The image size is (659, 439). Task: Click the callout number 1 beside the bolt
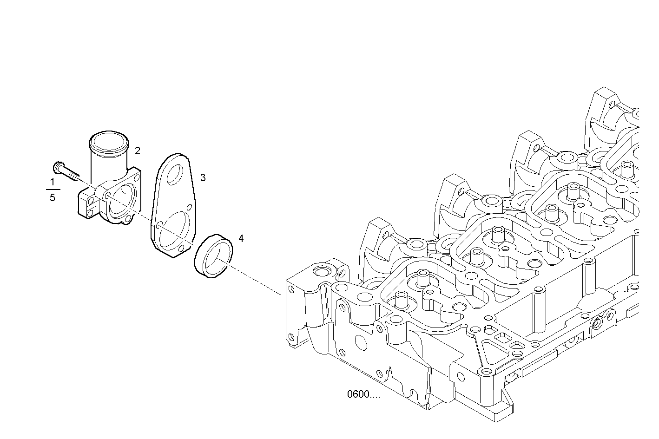[52, 182]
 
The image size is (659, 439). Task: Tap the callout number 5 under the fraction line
[52, 198]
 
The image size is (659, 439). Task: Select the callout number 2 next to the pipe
[138, 151]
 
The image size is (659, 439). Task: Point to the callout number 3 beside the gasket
[203, 177]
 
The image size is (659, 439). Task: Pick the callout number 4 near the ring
[241, 239]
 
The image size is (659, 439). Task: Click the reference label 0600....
[363, 395]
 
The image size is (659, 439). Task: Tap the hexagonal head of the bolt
[59, 166]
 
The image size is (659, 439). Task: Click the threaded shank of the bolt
[72, 174]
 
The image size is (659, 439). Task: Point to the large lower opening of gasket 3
[174, 228]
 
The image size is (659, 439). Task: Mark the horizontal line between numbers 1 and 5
[53, 190]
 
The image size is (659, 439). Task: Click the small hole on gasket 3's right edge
[189, 207]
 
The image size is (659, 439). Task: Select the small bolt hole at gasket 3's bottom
[181, 248]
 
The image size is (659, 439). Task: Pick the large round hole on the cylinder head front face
[361, 341]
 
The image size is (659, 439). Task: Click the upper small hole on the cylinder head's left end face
[291, 289]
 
